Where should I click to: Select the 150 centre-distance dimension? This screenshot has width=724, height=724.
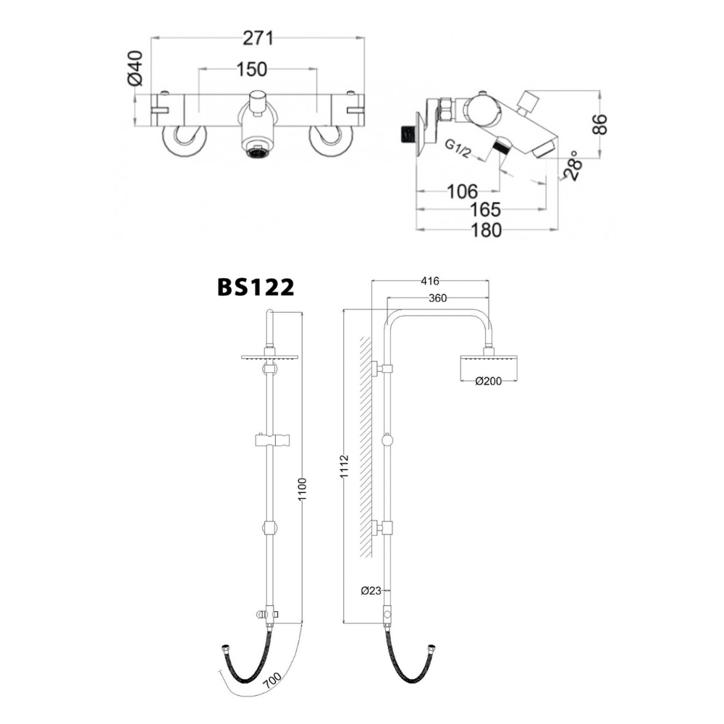[x=251, y=69]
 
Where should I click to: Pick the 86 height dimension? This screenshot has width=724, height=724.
[x=599, y=124]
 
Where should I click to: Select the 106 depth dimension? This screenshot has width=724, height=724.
[x=461, y=191]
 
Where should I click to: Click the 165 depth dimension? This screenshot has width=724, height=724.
[x=484, y=210]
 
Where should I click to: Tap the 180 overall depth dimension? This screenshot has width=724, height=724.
[x=486, y=230]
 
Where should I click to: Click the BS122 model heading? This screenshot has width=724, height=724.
[x=256, y=288]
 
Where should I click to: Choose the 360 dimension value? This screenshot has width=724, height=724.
[x=437, y=298]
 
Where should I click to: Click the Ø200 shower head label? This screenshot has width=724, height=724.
[x=489, y=382]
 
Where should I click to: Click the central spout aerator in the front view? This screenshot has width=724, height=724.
[x=257, y=152]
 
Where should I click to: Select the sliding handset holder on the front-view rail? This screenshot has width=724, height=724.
[x=272, y=439]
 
